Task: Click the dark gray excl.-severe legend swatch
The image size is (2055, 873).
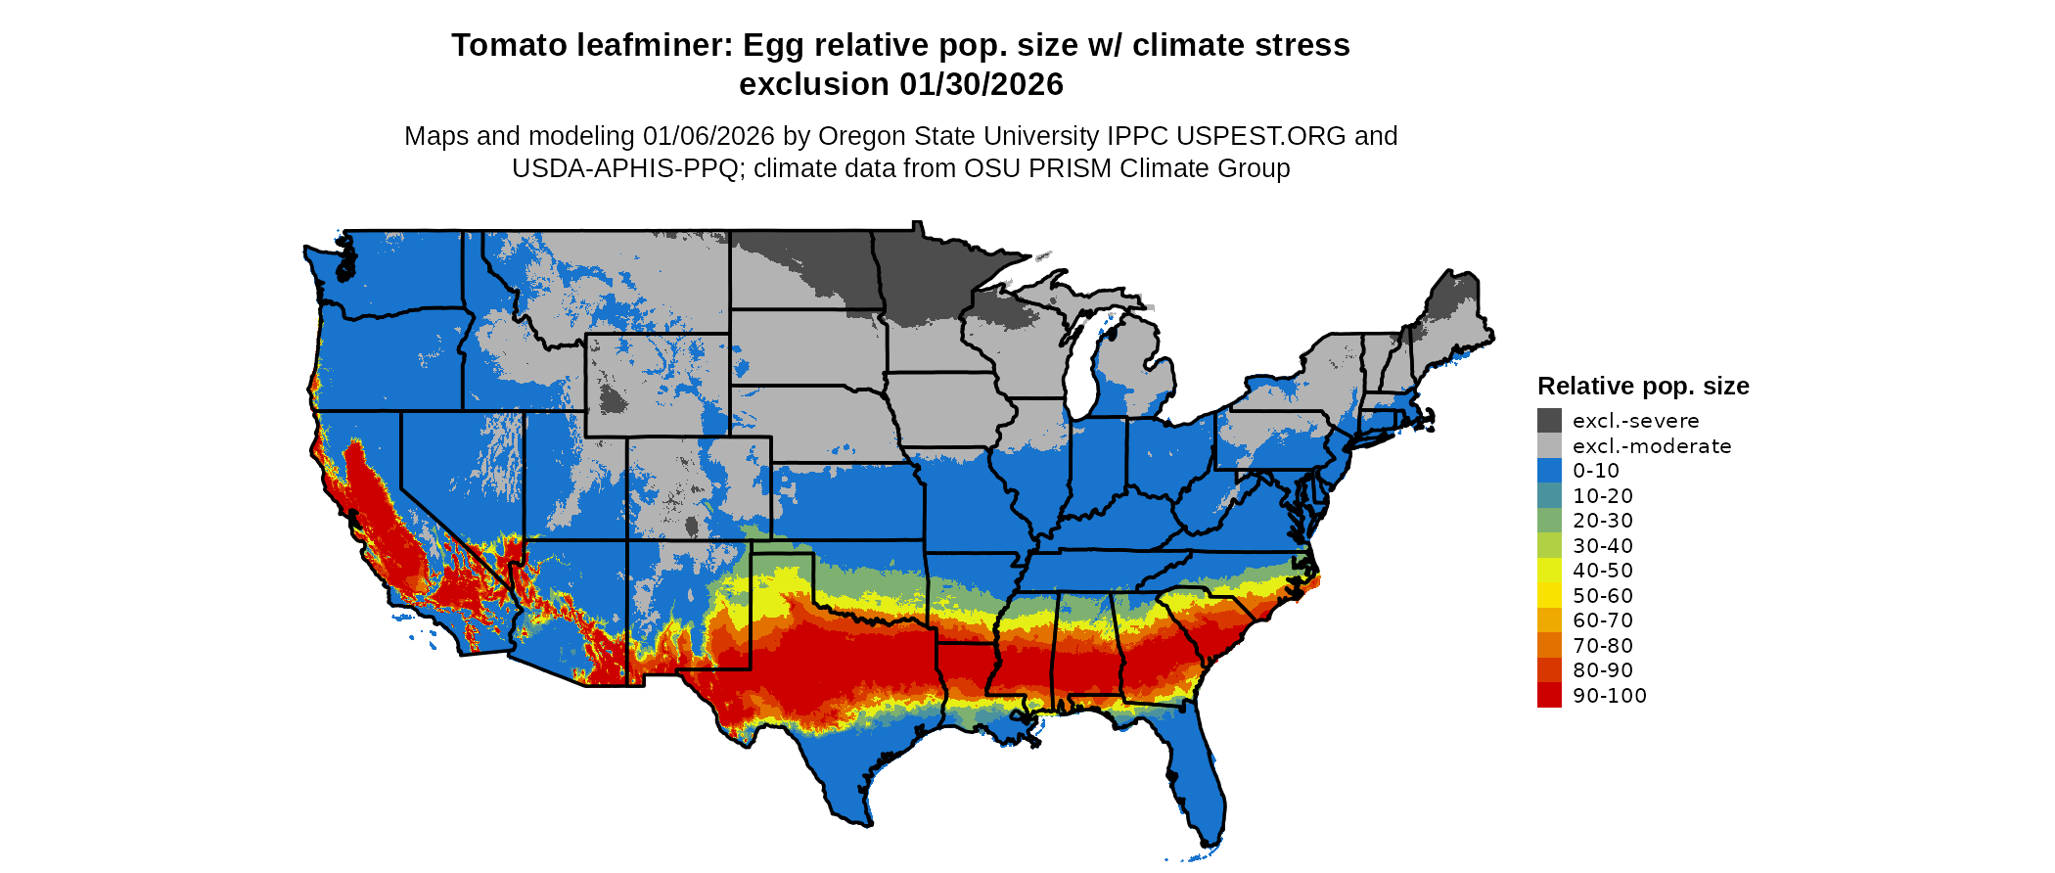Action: pyautogui.click(x=1549, y=421)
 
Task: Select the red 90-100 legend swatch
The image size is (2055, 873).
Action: pyautogui.click(x=1549, y=696)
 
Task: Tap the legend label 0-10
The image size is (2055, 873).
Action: pyautogui.click(x=1596, y=471)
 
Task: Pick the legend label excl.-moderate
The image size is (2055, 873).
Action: pyautogui.click(x=1652, y=446)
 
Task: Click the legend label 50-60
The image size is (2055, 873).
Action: pyautogui.click(x=1603, y=596)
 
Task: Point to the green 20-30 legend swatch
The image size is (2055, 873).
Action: pyautogui.click(x=1549, y=521)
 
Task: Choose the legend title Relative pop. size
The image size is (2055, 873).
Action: pyautogui.click(x=1643, y=387)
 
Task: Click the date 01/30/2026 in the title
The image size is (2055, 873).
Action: pyautogui.click(x=982, y=85)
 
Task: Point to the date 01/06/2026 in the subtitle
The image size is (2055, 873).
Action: pyautogui.click(x=708, y=136)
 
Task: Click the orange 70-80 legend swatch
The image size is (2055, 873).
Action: pyautogui.click(x=1549, y=646)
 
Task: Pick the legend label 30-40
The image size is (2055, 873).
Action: pyautogui.click(x=1603, y=546)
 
